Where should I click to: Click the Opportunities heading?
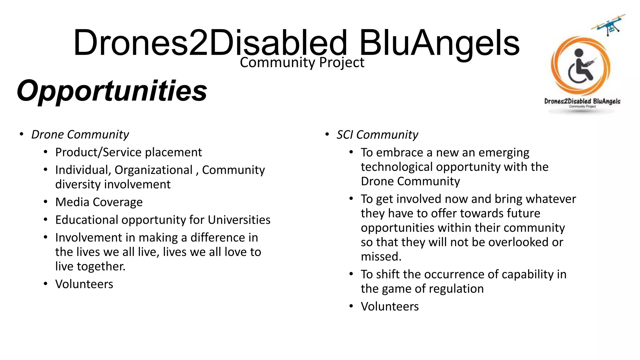click(x=112, y=91)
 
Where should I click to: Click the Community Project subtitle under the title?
click(x=302, y=62)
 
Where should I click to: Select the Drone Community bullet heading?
click(x=80, y=134)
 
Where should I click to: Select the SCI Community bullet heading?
click(x=377, y=135)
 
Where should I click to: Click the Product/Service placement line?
click(x=128, y=152)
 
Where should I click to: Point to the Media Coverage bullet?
click(x=99, y=202)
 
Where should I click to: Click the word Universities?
click(x=239, y=220)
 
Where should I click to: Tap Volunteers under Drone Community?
click(x=84, y=284)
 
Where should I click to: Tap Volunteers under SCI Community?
click(x=390, y=307)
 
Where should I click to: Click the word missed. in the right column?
click(x=381, y=257)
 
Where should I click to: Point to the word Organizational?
click(x=153, y=170)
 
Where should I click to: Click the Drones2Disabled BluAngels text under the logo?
click(x=582, y=101)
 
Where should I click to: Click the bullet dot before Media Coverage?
click(x=46, y=202)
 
